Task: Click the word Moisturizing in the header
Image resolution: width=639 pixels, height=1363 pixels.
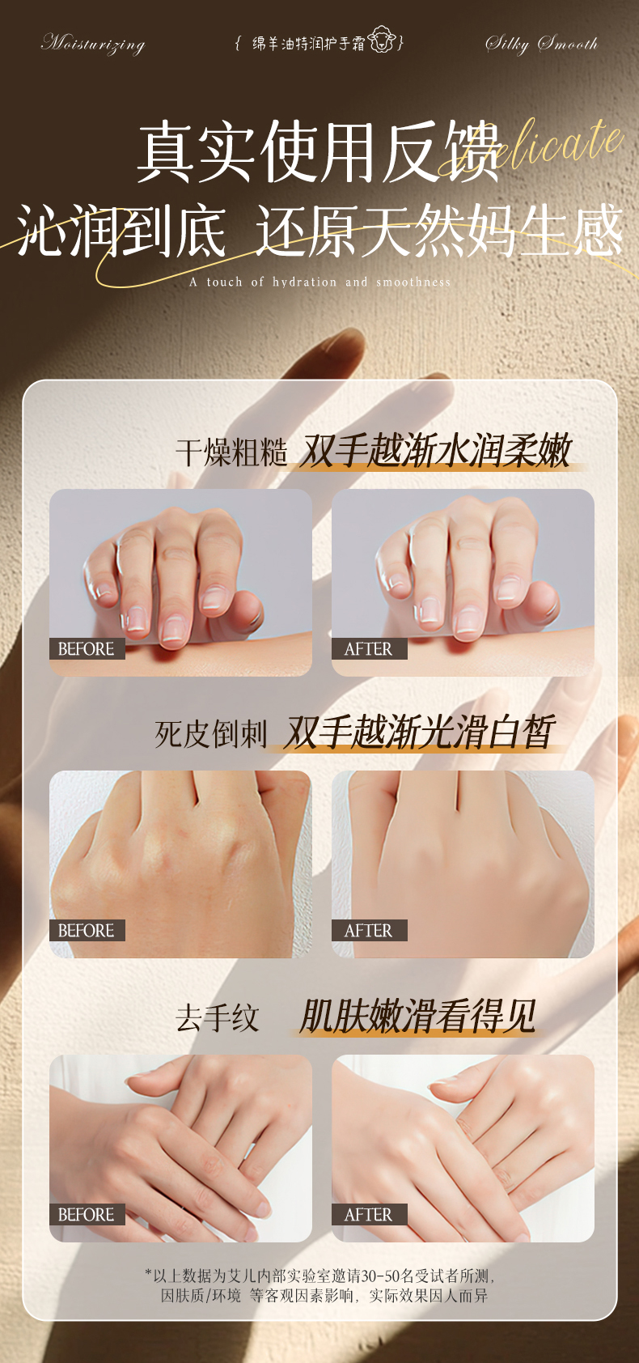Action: point(93,43)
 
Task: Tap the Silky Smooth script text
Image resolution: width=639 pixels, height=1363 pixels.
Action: point(541,43)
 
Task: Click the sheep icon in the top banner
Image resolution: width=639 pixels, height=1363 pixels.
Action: point(381,40)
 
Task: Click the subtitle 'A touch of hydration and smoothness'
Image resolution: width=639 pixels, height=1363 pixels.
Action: point(320,282)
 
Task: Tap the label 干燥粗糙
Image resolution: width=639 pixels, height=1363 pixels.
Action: point(231,452)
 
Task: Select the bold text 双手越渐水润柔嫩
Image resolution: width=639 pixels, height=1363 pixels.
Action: point(435,451)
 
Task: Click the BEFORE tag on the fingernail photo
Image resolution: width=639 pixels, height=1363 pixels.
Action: point(87,649)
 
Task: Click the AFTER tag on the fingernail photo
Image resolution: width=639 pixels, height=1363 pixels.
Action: point(368,649)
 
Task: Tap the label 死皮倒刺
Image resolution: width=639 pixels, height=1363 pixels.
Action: point(210,734)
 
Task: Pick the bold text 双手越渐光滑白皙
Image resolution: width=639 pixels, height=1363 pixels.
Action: point(419,732)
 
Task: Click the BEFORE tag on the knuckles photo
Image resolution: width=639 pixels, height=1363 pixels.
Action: point(87,931)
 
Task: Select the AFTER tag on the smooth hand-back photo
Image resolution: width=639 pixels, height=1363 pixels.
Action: point(368,931)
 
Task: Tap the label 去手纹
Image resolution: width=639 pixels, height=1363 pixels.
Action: point(217,1017)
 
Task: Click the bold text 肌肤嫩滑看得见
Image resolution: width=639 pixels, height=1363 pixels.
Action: point(417,1016)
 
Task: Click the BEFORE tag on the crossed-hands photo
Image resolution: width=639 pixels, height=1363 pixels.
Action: point(87,1215)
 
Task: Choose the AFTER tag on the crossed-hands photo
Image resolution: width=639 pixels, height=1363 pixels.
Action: point(368,1215)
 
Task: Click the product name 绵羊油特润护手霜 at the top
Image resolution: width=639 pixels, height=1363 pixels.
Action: point(308,43)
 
